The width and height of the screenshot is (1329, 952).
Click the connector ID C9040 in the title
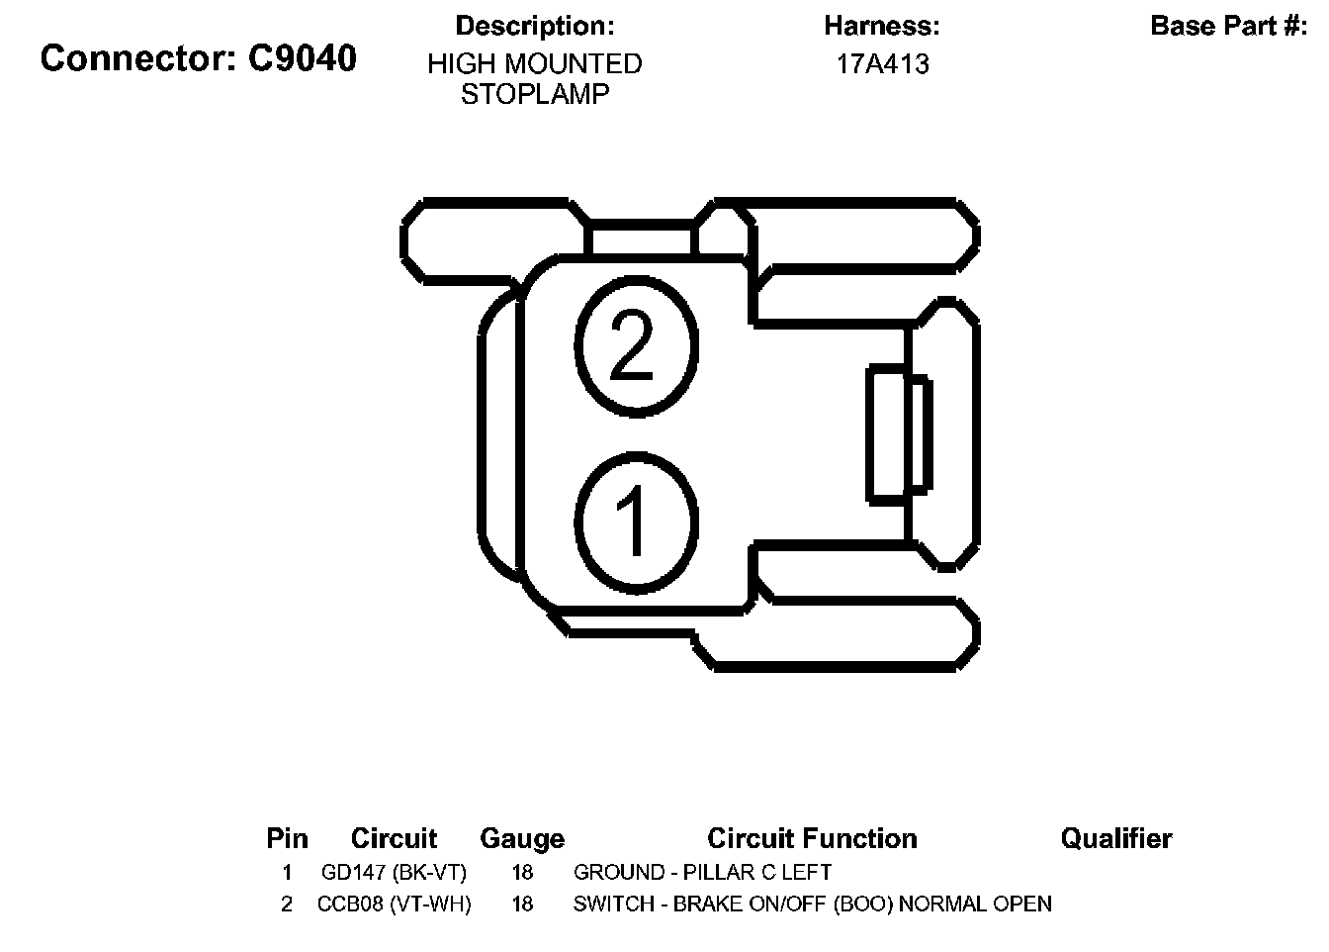point(302,58)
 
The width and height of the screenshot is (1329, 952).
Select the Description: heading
point(535,26)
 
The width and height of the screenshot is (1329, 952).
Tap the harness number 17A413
point(882,64)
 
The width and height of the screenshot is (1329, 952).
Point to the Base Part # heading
point(1229,26)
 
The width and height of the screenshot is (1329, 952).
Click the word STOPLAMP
point(535,94)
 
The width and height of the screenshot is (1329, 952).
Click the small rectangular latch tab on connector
point(899,434)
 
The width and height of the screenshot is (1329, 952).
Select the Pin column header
point(287,838)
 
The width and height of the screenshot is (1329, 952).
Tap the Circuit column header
point(394,838)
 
